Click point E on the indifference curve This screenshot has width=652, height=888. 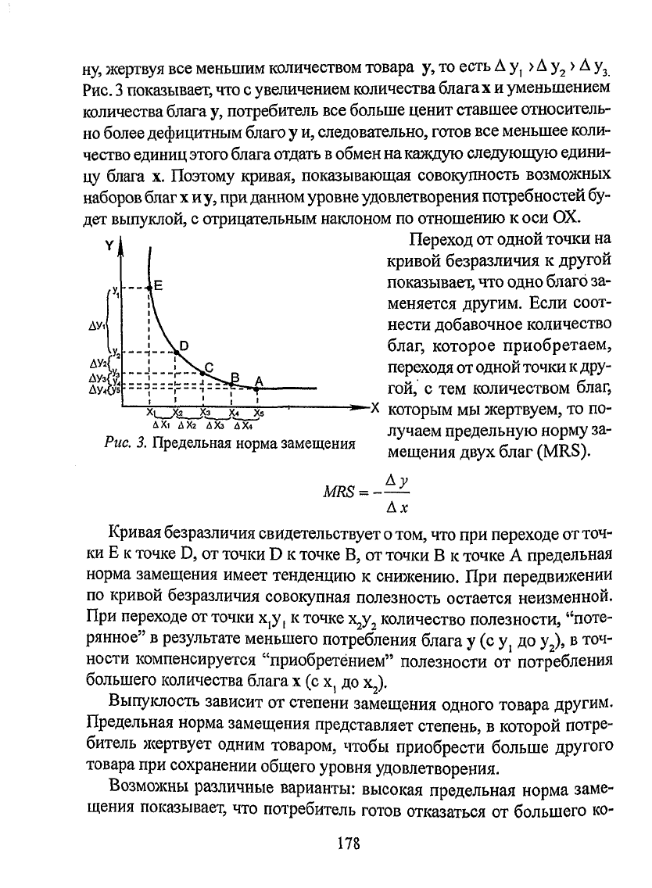[x=149, y=288]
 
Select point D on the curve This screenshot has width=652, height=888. [x=176, y=353]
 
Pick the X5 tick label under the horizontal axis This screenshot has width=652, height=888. [x=259, y=413]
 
